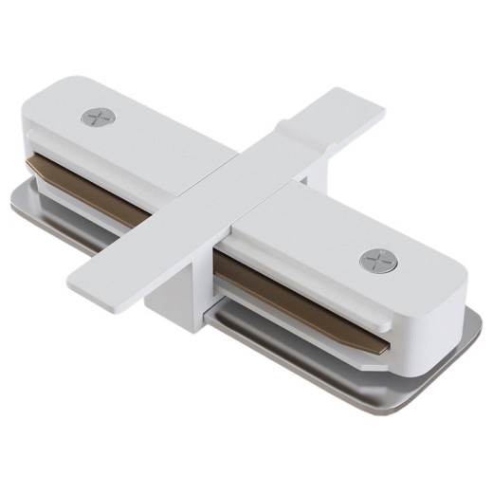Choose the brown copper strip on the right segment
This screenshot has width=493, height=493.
(303, 299)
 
